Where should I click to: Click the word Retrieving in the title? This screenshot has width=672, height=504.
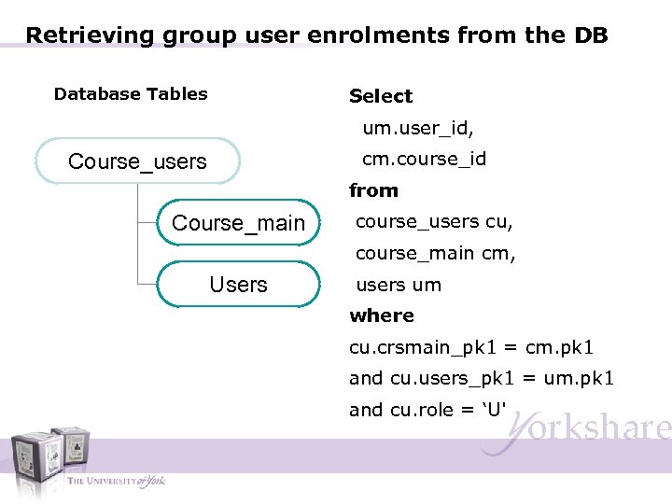point(91,35)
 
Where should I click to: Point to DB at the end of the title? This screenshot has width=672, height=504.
point(590,35)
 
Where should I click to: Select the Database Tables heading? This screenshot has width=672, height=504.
point(131,94)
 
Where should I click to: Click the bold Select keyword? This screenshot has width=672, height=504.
point(381,96)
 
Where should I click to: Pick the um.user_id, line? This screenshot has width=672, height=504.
point(418,128)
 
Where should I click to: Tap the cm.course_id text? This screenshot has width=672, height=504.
point(424,159)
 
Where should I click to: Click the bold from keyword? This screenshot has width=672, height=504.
point(373,190)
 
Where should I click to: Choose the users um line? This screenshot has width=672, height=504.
point(399,285)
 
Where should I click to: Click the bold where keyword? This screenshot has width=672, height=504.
point(382,315)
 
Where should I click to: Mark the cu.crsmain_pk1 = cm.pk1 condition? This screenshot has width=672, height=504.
point(471,347)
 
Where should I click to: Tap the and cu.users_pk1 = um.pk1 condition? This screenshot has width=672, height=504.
point(481,378)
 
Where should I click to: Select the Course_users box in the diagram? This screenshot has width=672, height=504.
point(137,161)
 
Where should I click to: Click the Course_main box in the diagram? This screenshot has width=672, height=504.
point(238,223)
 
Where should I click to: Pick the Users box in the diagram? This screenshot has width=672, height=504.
point(238,285)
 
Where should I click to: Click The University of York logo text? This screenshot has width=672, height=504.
point(116,481)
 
